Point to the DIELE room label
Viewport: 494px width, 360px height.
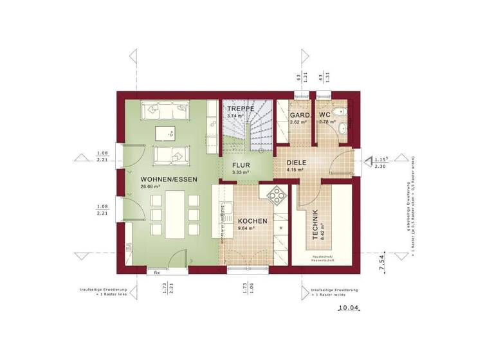pos(297,163)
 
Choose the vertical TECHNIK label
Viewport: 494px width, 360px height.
pos(315,226)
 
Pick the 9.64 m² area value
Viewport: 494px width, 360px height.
pos(246,228)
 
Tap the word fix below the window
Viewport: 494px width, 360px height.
pos(156,273)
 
